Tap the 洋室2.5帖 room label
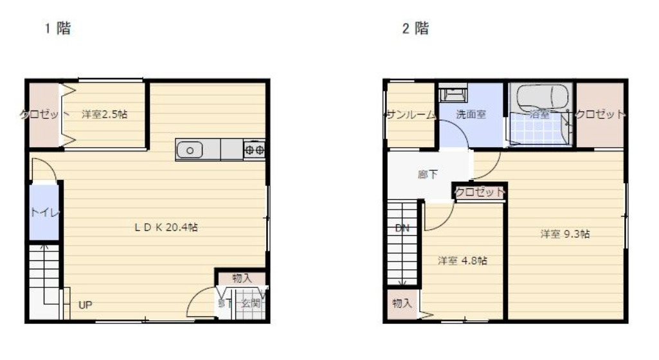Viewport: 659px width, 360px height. pos(104,114)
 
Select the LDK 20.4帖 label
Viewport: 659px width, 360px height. pos(165,227)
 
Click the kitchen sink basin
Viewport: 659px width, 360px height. pos(190,150)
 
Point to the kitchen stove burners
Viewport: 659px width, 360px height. pos(255,150)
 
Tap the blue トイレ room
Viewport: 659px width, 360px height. pos(43,212)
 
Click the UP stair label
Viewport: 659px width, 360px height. pos(85,305)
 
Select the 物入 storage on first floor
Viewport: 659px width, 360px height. pos(241,278)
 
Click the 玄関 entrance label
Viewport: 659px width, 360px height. pos(251,303)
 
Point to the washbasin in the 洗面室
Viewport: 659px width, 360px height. pos(453,94)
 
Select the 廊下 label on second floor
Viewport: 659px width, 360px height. pos(428,174)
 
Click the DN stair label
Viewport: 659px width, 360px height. pos(402,228)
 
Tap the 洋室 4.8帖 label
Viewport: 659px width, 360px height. pos(462,261)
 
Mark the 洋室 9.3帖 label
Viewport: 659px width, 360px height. pos(565,234)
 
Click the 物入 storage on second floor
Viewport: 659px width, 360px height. pos(402,303)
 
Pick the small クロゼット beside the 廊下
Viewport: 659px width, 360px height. pos(480,192)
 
